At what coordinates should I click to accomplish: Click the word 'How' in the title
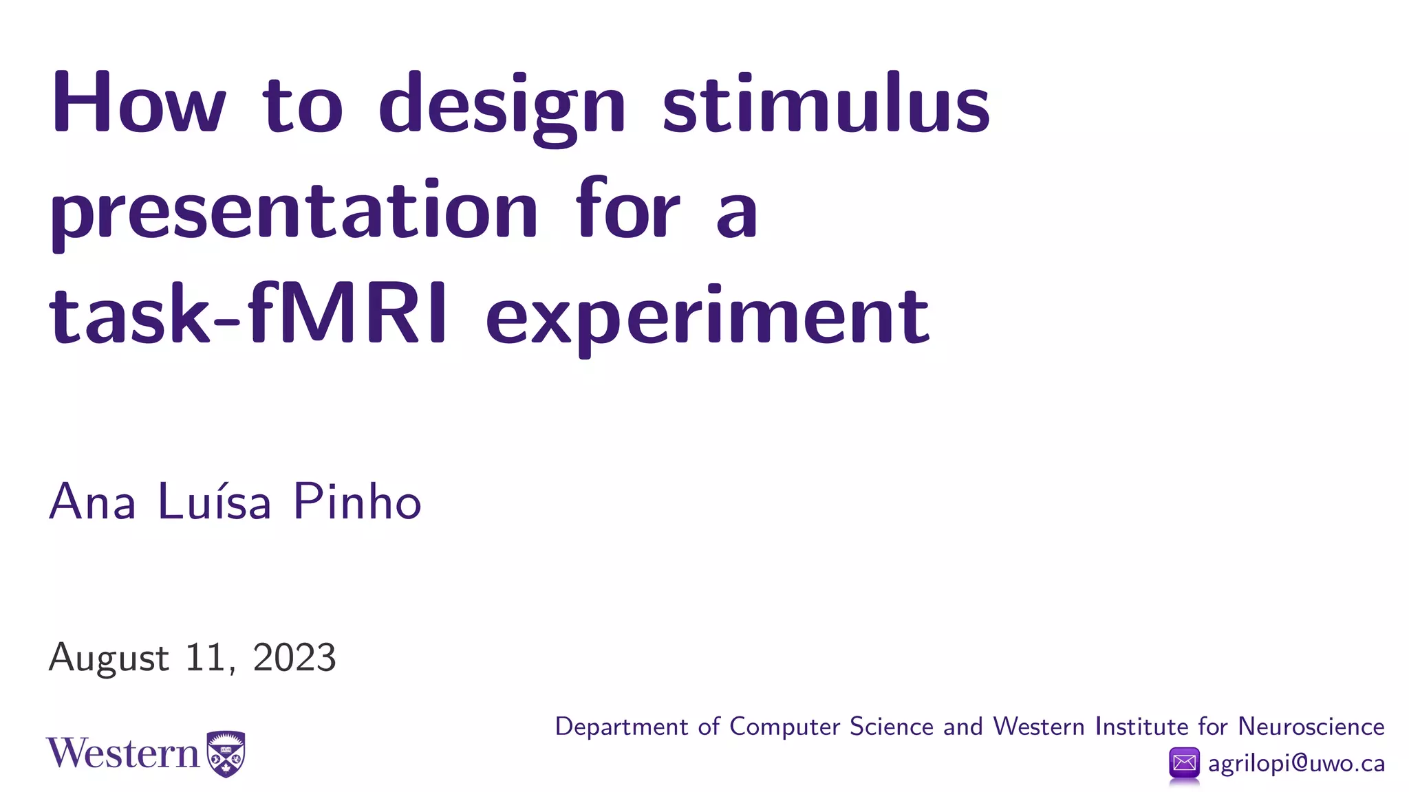tap(138, 103)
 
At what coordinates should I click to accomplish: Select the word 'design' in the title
tap(502, 107)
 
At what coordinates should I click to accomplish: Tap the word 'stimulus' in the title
tap(826, 103)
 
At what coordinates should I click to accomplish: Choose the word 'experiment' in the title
tap(708, 318)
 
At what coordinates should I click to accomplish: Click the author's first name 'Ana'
tap(92, 501)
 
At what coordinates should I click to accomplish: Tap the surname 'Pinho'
tap(357, 501)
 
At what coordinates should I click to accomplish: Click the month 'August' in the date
tap(109, 658)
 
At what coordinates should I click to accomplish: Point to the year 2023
tap(294, 657)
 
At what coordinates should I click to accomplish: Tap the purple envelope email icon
tap(1184, 763)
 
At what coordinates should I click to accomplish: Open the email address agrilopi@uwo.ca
tap(1296, 763)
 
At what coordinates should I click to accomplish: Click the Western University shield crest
tap(226, 753)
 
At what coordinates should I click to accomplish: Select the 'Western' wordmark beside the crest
tap(122, 753)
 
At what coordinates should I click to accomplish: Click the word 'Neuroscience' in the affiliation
tap(1311, 727)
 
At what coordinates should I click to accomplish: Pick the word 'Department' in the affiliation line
tap(621, 727)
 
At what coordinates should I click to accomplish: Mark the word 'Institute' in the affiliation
tap(1141, 727)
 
